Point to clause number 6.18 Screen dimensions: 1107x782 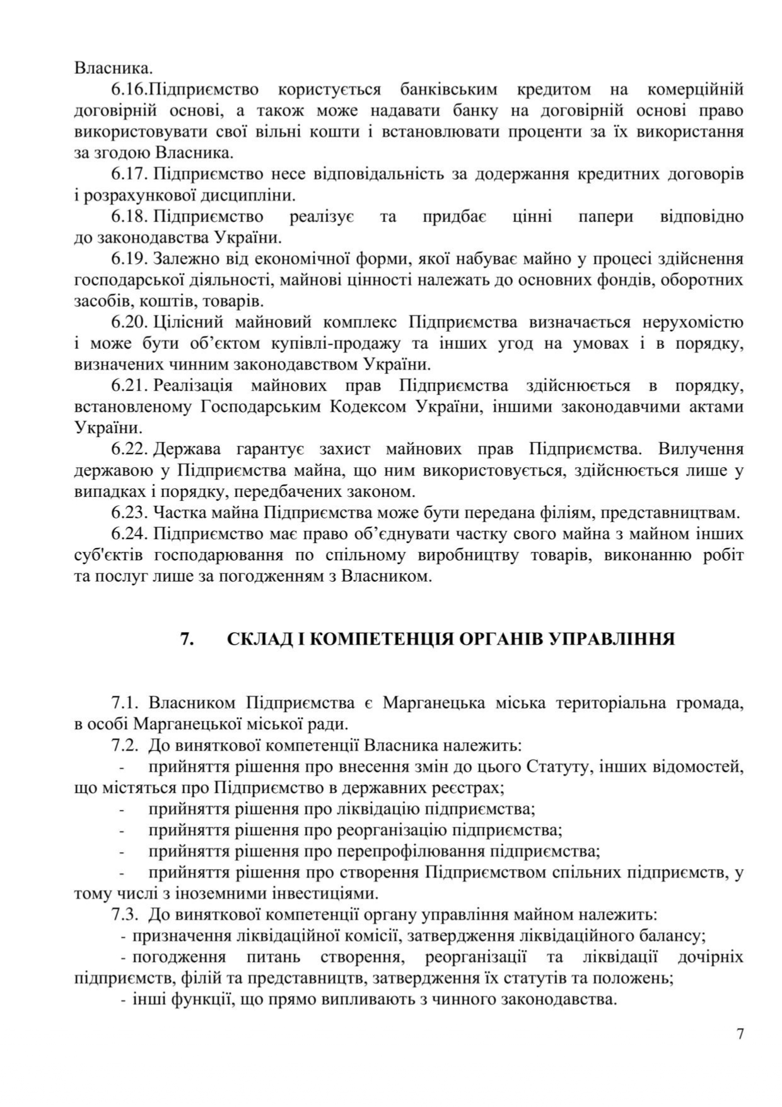point(129,217)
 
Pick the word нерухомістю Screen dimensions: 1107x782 point(692,322)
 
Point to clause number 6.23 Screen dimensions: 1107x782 point(129,513)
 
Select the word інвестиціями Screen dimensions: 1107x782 point(324,894)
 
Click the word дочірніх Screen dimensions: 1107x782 point(709,957)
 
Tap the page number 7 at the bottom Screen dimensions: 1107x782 point(740,1034)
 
